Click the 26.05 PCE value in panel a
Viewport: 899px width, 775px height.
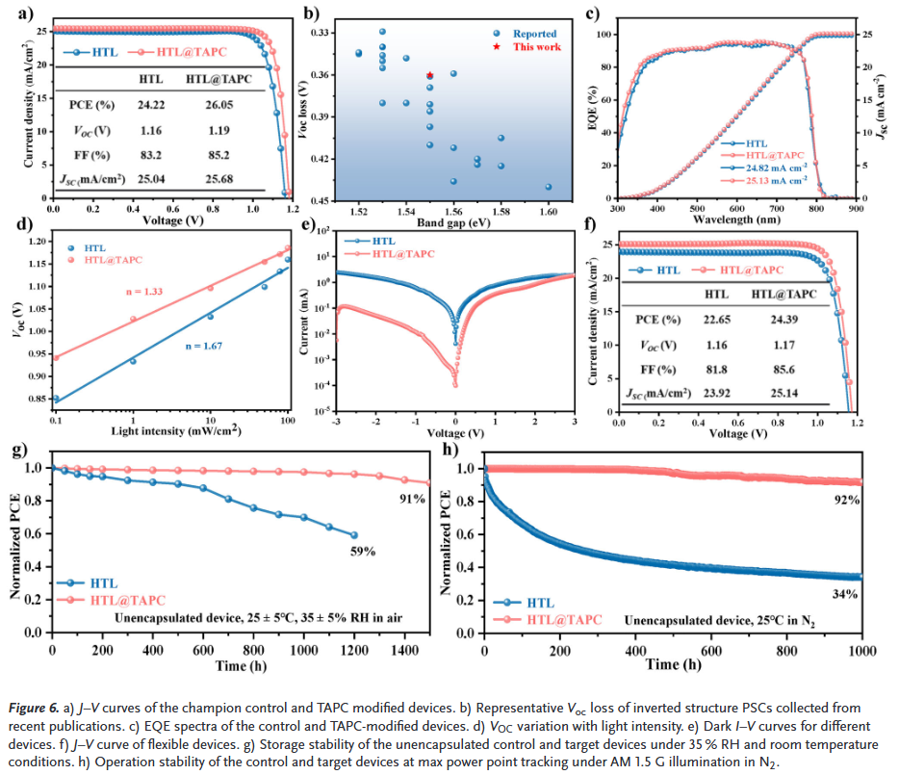coord(212,106)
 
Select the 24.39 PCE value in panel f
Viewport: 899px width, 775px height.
coord(781,320)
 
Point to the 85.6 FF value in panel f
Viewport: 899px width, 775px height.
coord(781,370)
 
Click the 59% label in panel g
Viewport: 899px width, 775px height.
coord(362,552)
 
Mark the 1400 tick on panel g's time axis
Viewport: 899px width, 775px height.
coord(405,652)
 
